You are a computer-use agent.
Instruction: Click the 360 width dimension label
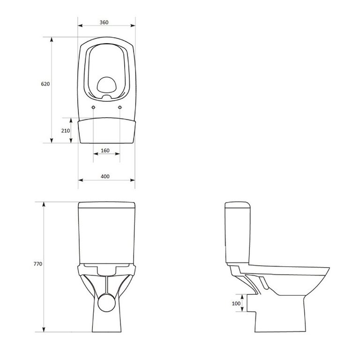[104, 22]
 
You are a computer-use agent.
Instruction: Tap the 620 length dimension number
[45, 84]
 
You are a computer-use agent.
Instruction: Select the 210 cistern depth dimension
[66, 131]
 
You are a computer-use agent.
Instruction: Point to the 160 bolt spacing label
[105, 150]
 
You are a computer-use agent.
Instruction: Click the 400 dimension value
[105, 176]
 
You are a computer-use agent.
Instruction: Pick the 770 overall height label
[38, 264]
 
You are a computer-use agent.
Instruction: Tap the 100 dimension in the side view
[236, 304]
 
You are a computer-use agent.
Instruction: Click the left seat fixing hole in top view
[93, 107]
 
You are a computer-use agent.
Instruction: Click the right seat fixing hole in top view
[120, 107]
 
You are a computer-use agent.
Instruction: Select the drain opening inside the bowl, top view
[107, 84]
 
